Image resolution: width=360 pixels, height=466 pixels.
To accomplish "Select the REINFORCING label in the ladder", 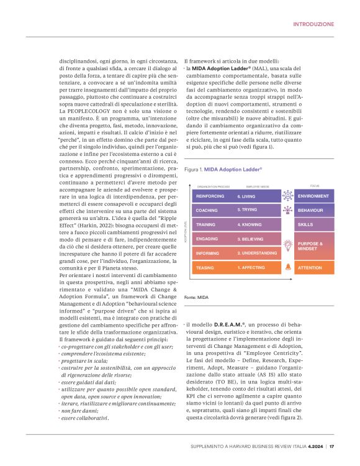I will [210, 179].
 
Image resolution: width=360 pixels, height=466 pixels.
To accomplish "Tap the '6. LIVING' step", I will [246, 179].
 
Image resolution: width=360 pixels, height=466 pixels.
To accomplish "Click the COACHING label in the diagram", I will [207, 193].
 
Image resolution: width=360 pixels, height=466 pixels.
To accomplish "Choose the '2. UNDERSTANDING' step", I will [257, 254].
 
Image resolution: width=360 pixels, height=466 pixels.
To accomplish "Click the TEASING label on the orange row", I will [205, 268].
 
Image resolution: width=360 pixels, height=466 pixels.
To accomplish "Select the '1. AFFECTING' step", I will [251, 268].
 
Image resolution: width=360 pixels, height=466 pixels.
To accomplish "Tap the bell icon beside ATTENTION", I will [287, 268].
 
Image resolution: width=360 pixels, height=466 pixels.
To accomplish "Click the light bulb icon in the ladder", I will [287, 245].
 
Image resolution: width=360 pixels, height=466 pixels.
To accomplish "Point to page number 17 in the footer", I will [332, 446].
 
